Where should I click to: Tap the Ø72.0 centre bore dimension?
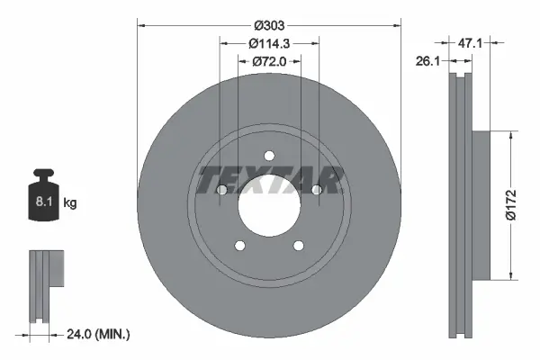(x=268, y=60)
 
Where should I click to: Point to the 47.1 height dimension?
(x=474, y=41)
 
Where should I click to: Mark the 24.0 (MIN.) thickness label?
(x=99, y=334)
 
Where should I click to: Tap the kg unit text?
(x=70, y=203)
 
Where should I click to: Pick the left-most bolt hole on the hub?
(x=221, y=189)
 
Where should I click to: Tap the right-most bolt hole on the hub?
(x=316, y=189)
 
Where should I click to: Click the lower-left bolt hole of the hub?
(x=239, y=246)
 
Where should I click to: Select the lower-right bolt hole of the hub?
(x=298, y=246)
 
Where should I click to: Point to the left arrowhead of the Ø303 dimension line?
(x=141, y=27)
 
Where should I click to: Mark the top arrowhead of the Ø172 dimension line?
(x=512, y=135)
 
